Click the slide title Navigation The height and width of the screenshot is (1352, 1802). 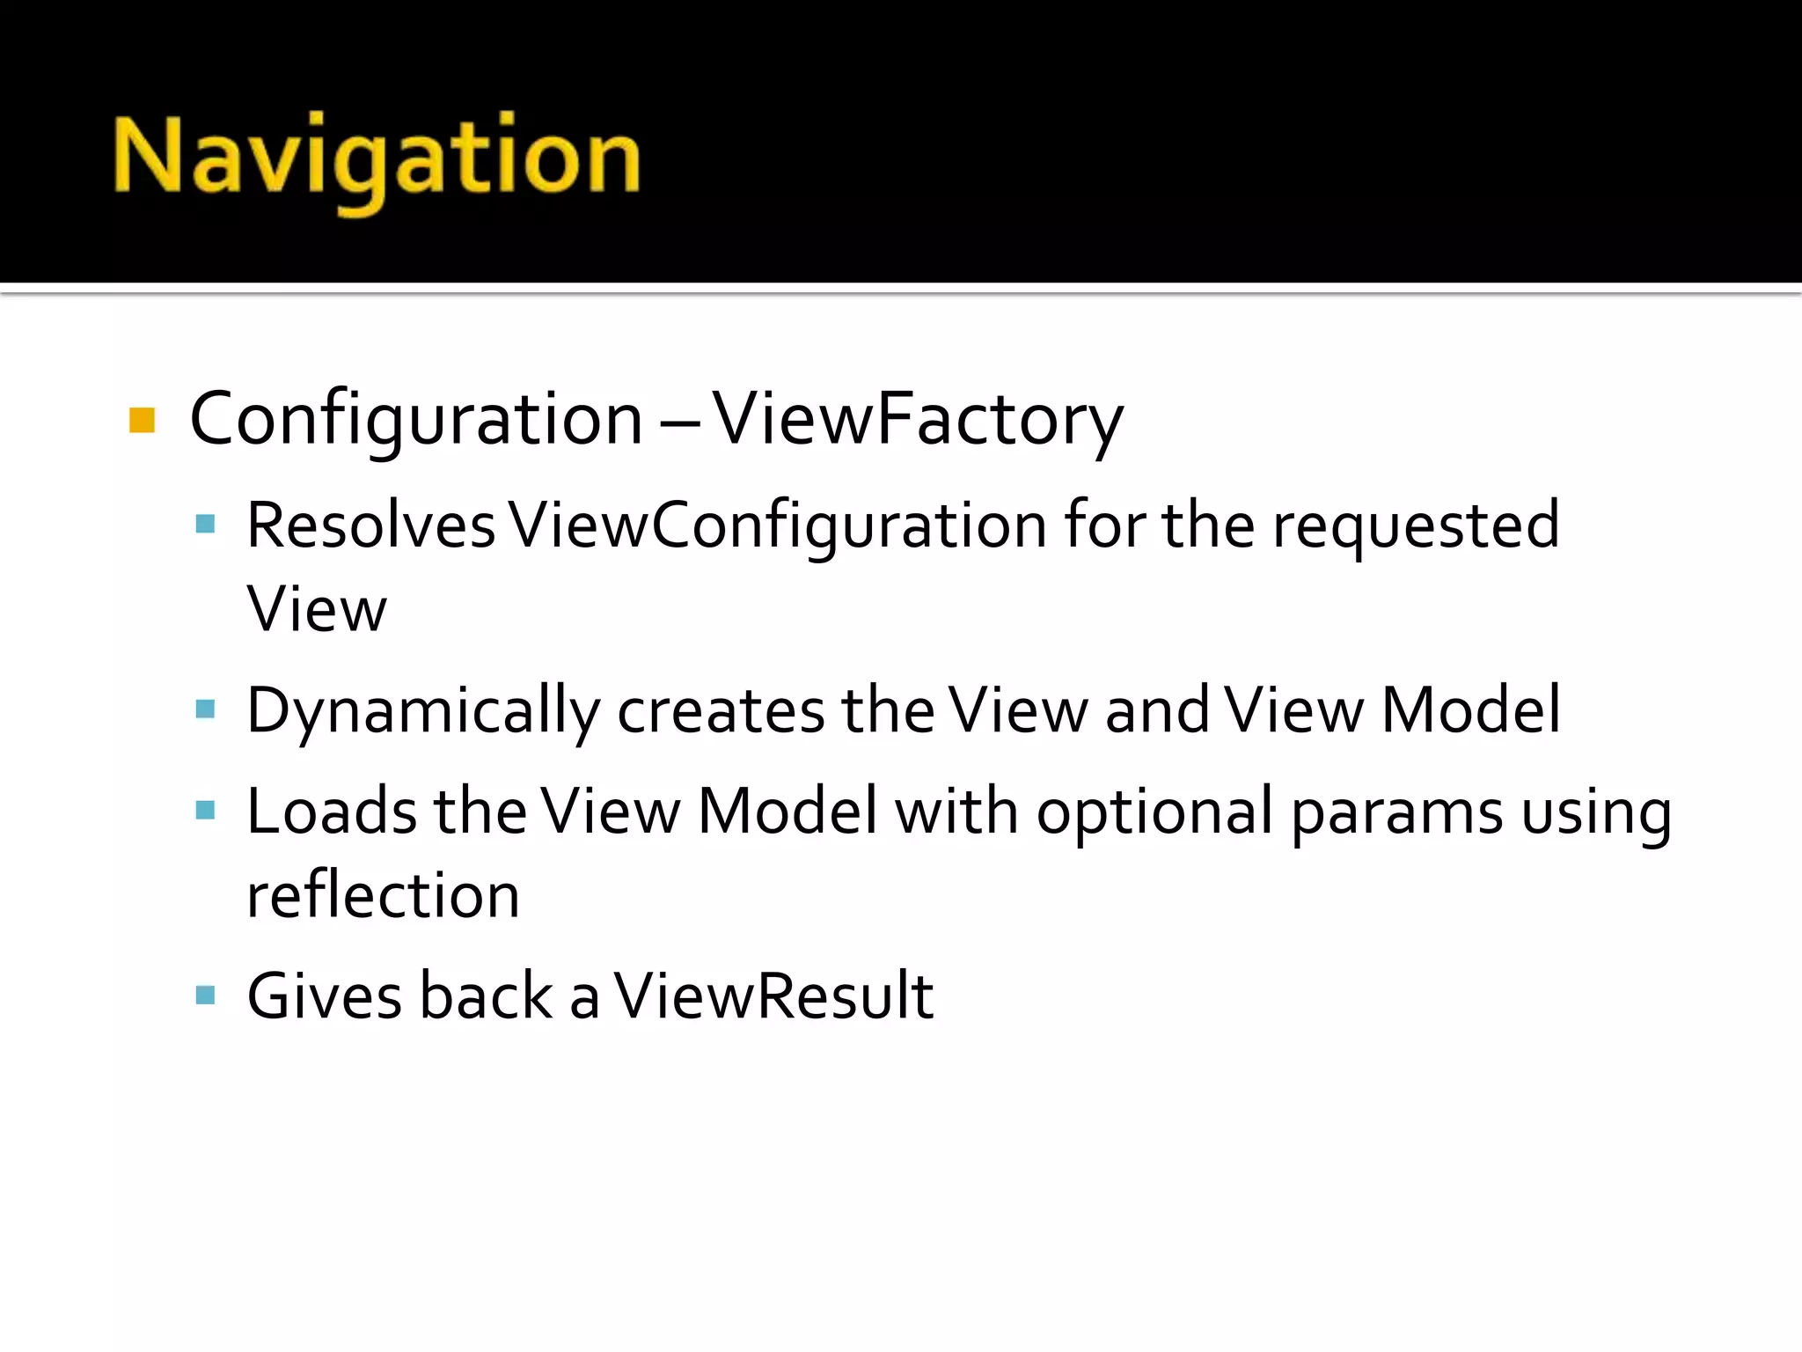point(377,158)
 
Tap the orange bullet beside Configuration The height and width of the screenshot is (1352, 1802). point(142,421)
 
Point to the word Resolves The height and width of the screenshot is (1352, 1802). point(370,526)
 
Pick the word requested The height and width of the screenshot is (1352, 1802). point(1416,526)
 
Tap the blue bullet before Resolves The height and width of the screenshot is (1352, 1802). point(205,525)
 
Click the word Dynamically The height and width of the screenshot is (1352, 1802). point(423,711)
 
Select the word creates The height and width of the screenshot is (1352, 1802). point(721,711)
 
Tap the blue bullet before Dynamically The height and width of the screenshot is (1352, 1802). point(205,709)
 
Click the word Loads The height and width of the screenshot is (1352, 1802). point(332,812)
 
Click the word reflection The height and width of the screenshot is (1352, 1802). point(383,896)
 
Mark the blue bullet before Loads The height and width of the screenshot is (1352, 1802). point(205,810)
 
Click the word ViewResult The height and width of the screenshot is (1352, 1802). point(773,996)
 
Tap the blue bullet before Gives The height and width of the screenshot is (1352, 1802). point(205,996)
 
